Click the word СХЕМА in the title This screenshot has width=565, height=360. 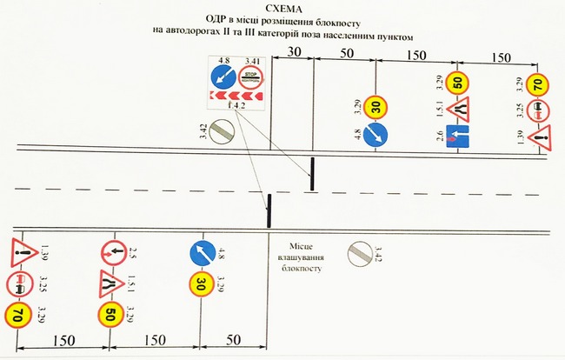[x=282, y=7]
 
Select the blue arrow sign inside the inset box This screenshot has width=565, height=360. [x=224, y=77]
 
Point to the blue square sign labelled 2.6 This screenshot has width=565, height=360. [x=458, y=136]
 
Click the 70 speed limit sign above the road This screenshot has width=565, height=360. [x=539, y=85]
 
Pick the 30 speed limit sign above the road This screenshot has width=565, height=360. [x=376, y=108]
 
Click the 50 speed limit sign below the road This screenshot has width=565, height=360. [x=110, y=315]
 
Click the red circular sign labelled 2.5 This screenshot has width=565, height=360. [x=110, y=253]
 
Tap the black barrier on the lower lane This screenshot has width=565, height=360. [x=269, y=210]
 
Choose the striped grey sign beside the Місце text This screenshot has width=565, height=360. [x=356, y=253]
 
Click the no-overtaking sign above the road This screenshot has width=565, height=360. [x=539, y=110]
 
